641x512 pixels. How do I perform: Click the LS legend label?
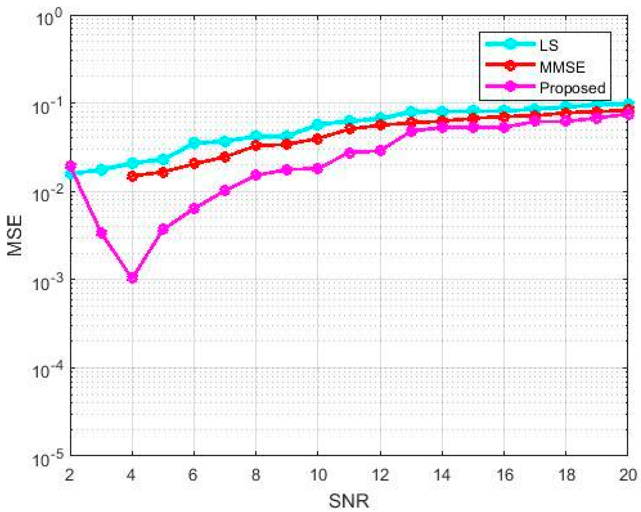(x=549, y=46)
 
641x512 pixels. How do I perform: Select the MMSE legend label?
(x=562, y=67)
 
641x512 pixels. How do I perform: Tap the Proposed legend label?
(x=572, y=88)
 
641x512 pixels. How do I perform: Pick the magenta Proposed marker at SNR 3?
(x=102, y=233)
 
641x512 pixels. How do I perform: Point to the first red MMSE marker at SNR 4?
(x=133, y=176)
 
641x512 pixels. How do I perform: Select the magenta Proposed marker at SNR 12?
(x=380, y=151)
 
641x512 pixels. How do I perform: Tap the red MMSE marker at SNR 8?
(x=256, y=145)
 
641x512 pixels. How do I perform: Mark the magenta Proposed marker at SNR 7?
(x=225, y=190)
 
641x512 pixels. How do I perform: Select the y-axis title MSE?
(x=15, y=235)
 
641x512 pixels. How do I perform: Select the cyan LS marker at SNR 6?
(x=194, y=143)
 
